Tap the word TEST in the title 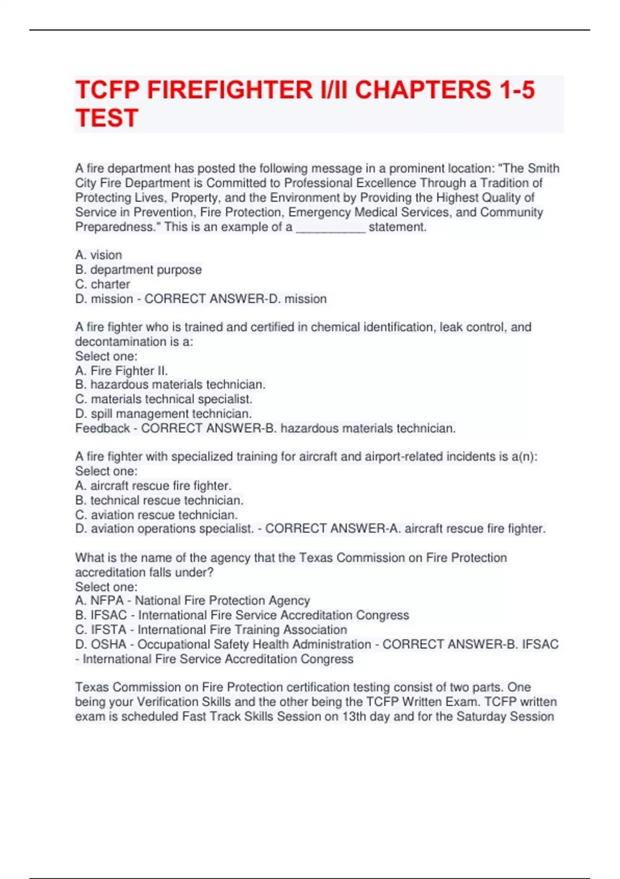[x=107, y=118]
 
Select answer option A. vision [x=99, y=255]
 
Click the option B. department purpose [x=138, y=269]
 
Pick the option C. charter [x=103, y=284]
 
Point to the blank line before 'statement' [x=331, y=228]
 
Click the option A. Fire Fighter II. [x=121, y=371]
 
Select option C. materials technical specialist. [x=164, y=399]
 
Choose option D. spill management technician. [x=164, y=414]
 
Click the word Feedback [x=102, y=428]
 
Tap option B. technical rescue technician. [x=159, y=500]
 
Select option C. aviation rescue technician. [x=157, y=514]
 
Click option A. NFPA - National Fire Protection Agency [x=193, y=600]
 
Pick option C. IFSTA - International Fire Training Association [x=211, y=629]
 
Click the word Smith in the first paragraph [x=544, y=169]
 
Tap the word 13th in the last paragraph [x=354, y=716]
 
